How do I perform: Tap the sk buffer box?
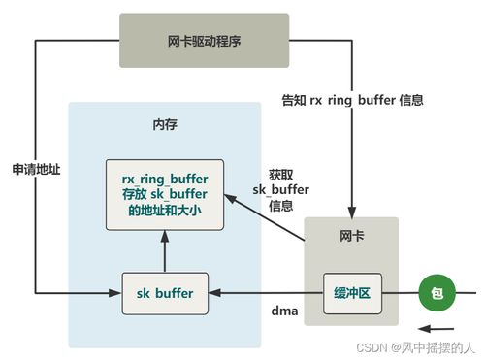[165, 293]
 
